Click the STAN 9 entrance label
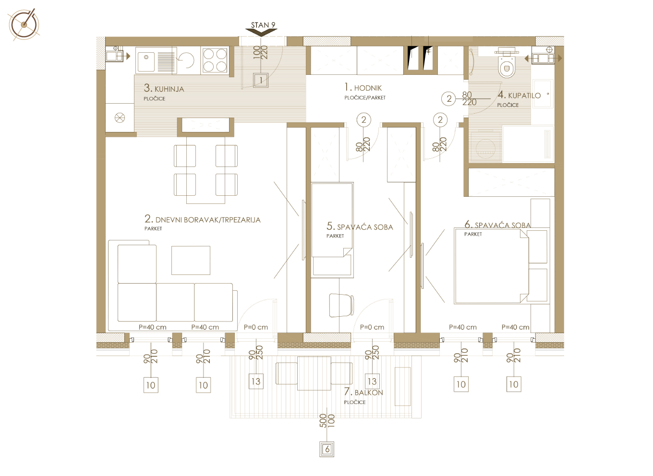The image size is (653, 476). pyautogui.click(x=263, y=25)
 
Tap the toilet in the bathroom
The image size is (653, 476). pyautogui.click(x=507, y=64)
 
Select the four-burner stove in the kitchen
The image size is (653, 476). pyautogui.click(x=215, y=60)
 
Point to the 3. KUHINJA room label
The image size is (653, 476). pyautogui.click(x=164, y=88)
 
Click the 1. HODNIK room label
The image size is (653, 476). pyautogui.click(x=363, y=87)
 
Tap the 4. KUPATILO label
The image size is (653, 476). pyautogui.click(x=519, y=95)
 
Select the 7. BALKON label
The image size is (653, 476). pyautogui.click(x=363, y=392)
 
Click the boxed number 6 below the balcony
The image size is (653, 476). pyautogui.click(x=327, y=449)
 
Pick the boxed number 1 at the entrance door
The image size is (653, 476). pyautogui.click(x=261, y=80)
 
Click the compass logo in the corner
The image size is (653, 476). pyautogui.click(x=24, y=24)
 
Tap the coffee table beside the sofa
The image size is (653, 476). pyautogui.click(x=191, y=261)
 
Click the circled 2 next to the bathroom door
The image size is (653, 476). pyautogui.click(x=448, y=99)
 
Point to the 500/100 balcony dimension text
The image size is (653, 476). pyautogui.click(x=327, y=421)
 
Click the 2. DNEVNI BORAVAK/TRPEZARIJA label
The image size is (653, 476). pyautogui.click(x=202, y=219)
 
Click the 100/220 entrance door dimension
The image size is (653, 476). pyautogui.click(x=260, y=52)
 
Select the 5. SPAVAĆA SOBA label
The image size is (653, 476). pyautogui.click(x=360, y=226)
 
